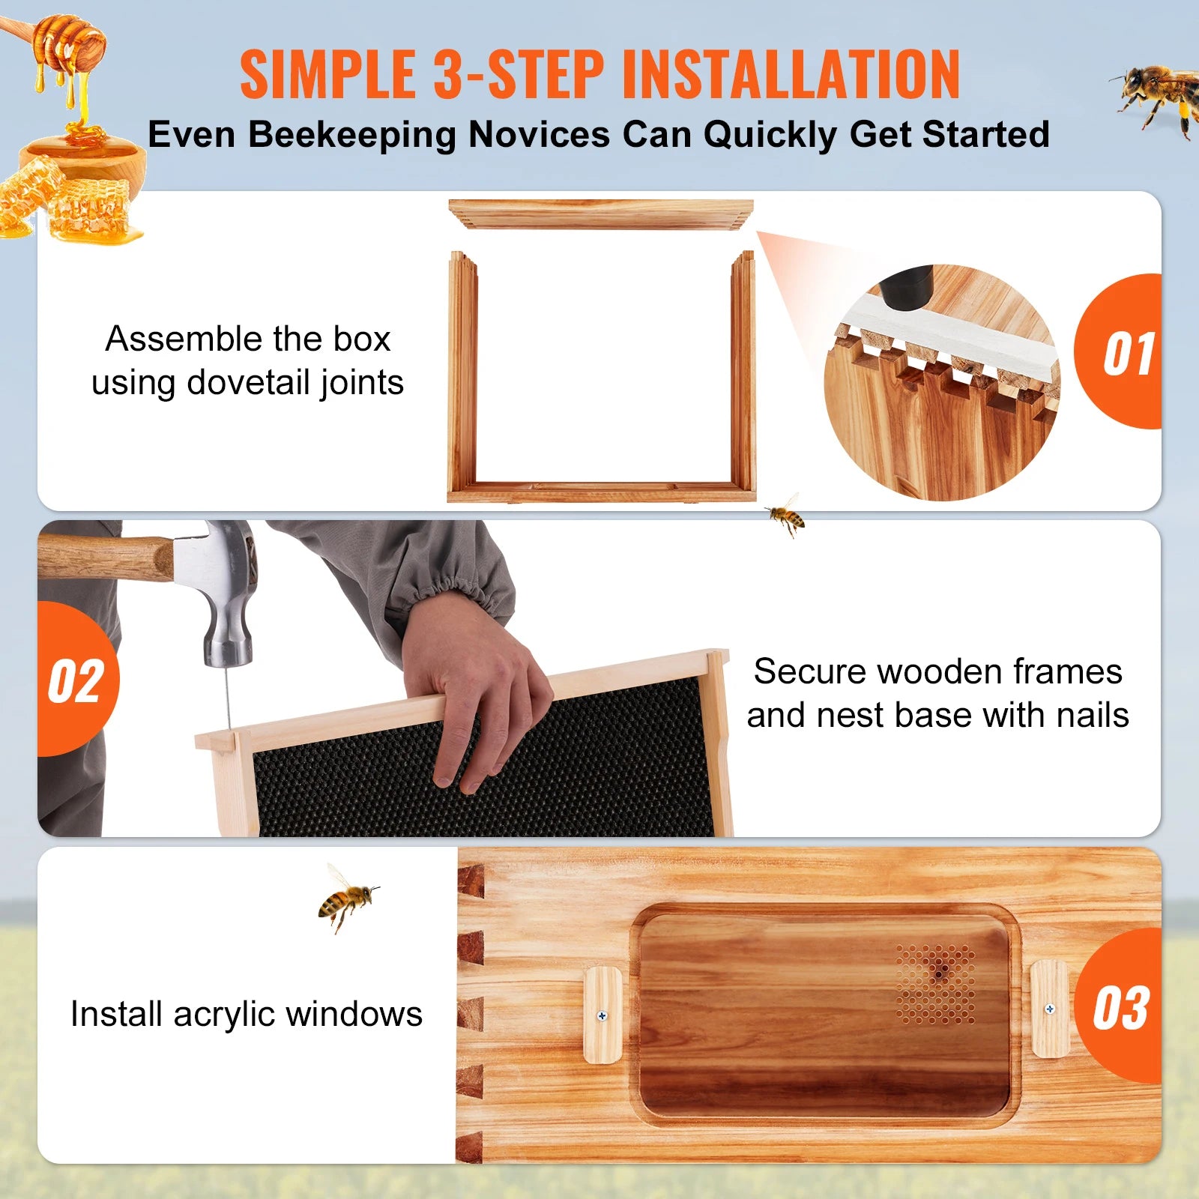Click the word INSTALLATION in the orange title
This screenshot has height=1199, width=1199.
791,74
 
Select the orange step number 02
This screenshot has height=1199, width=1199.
76,681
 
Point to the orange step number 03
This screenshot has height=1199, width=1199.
1120,1009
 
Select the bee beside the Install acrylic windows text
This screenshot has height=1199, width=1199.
346,899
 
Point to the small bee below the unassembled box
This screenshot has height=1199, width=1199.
785,515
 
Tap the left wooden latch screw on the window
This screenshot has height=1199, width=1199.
602,1016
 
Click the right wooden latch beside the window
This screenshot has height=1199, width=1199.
1049,1009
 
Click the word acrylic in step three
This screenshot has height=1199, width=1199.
224,1015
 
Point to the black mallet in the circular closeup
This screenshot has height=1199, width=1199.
906,289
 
